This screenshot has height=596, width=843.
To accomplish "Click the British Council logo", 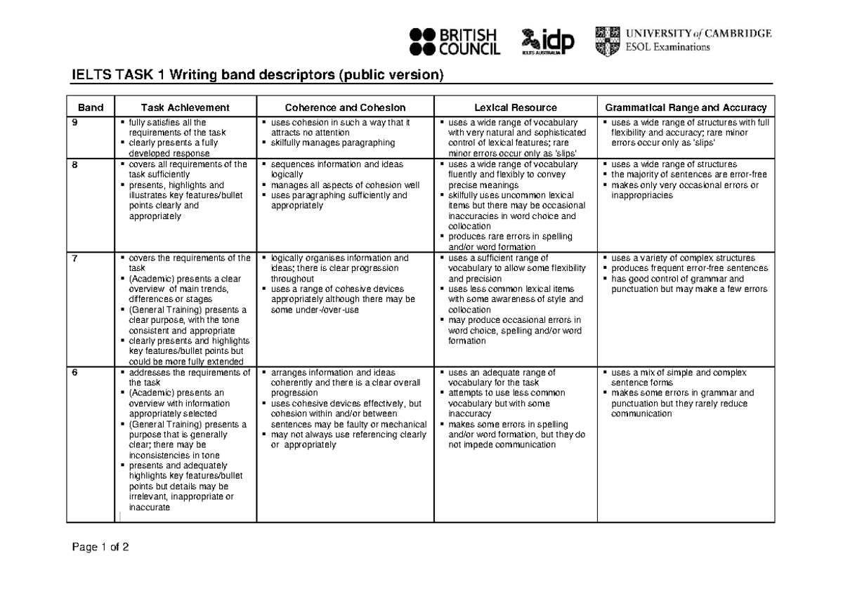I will pos(454,41).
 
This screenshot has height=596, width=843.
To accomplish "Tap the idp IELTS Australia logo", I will pos(548,41).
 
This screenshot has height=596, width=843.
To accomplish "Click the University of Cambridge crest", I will pos(608,41).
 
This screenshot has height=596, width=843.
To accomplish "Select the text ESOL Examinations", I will pos(667,48).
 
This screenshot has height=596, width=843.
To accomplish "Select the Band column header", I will pos(91,107).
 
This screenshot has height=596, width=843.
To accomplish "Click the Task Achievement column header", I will pos(185,107).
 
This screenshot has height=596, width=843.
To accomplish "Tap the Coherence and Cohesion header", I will pos(345,107).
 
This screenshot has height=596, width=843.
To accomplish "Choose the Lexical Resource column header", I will pos(515,107).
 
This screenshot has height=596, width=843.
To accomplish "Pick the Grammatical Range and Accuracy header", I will pos(686,107).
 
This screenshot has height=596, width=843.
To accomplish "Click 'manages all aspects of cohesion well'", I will pos(344,185).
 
